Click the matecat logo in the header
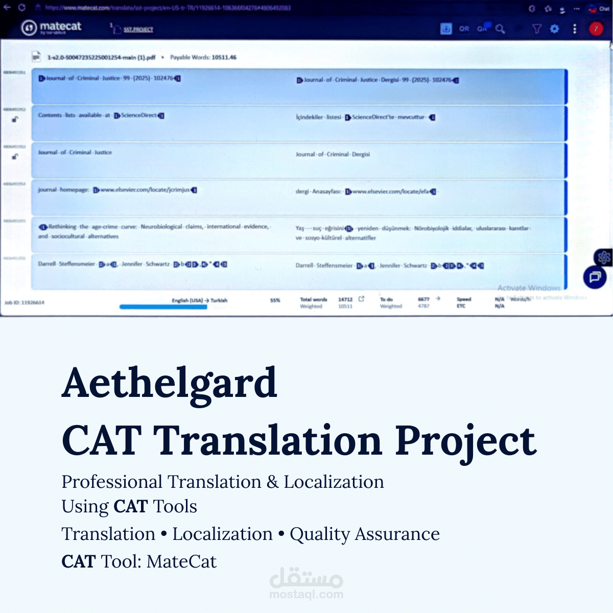(51, 28)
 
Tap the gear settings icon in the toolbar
(554, 29)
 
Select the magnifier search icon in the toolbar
(500, 29)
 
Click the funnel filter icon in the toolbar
(536, 29)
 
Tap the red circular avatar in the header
(596, 29)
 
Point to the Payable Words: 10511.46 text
(203, 57)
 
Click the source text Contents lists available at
(74, 115)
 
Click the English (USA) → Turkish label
(199, 300)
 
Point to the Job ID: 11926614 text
(25, 302)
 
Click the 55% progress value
(275, 300)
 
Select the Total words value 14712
(345, 299)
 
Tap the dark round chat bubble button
(595, 277)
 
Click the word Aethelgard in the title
(169, 383)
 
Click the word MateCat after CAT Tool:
(181, 561)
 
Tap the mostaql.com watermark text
(306, 594)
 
